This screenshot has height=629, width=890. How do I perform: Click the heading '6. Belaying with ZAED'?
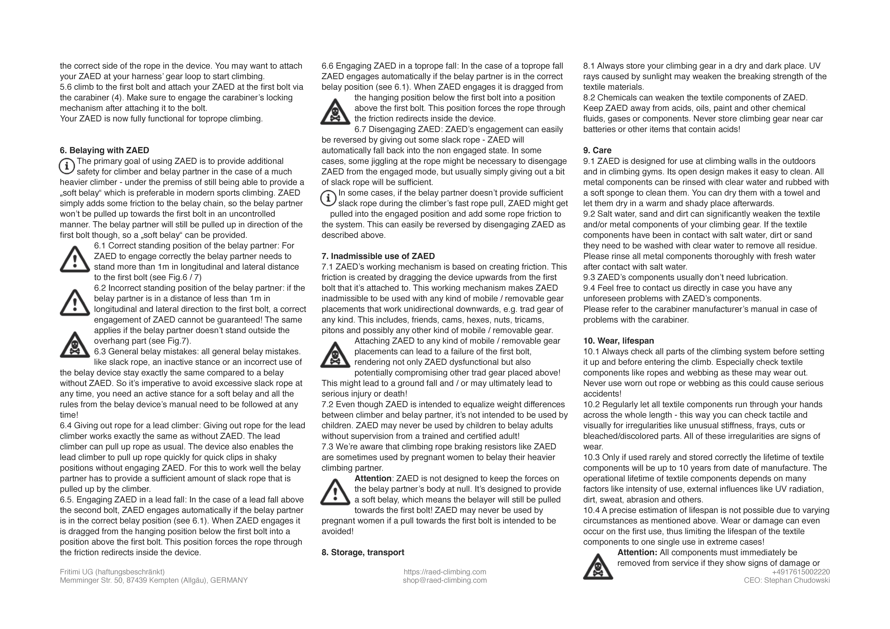tap(104, 150)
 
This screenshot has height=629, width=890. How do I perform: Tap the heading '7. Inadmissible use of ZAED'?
tap(378, 256)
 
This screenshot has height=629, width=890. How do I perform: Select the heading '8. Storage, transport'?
tap(363, 552)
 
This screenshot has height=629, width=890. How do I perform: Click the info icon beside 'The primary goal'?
tap(67, 166)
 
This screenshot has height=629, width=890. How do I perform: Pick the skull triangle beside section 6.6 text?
tap(335, 112)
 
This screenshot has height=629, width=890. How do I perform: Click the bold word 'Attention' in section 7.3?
tap(373, 479)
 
